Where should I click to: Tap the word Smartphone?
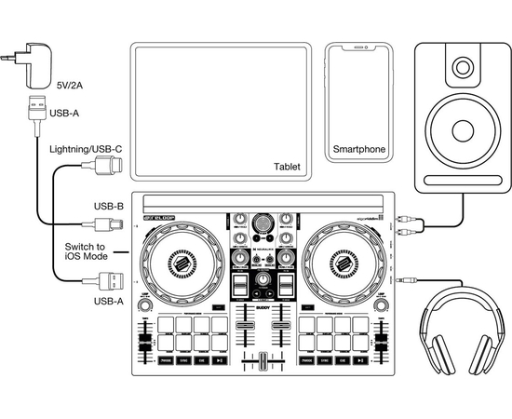tap(359, 149)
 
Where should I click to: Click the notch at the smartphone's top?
tap(359, 47)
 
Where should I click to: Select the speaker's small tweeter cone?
tap(464, 66)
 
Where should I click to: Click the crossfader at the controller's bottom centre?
tap(261, 362)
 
